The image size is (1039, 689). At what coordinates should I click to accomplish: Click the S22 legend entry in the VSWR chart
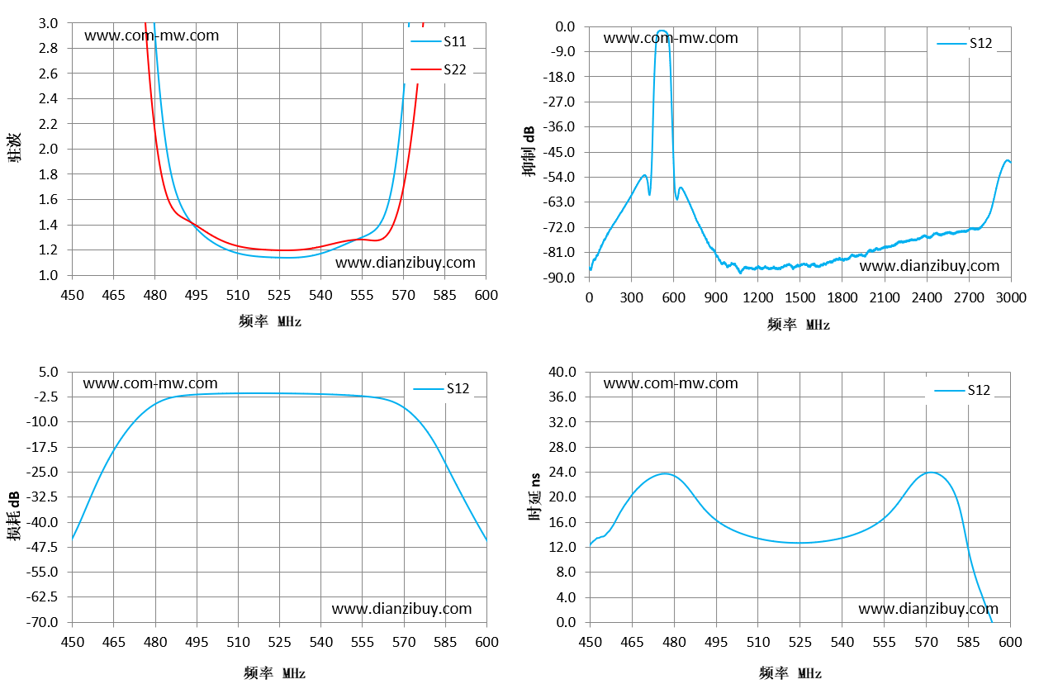tap(439, 69)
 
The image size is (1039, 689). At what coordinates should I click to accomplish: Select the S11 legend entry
tap(439, 41)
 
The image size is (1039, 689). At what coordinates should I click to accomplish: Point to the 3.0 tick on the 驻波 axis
tap(48, 23)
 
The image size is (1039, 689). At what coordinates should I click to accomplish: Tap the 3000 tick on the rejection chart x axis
tap(1011, 297)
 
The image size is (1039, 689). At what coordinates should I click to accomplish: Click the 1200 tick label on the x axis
tap(758, 297)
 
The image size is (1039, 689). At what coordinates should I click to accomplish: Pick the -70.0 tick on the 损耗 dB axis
tap(42, 622)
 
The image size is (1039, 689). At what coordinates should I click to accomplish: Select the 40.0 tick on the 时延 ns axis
tap(562, 372)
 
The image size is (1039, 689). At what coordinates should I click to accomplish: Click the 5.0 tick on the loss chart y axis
tap(48, 372)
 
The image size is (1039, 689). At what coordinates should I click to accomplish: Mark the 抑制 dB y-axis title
tap(529, 151)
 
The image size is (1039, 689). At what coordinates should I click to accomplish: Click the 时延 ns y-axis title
tap(535, 497)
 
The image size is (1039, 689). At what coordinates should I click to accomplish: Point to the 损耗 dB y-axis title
tap(14, 516)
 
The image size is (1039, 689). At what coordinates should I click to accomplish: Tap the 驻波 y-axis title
tap(14, 147)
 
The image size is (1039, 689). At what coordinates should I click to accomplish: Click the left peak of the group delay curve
tap(665, 473)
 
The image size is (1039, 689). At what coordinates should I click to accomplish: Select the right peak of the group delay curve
tap(931, 473)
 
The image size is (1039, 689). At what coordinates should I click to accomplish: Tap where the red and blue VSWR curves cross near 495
tap(193, 225)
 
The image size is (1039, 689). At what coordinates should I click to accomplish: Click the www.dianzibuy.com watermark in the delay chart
tap(928, 608)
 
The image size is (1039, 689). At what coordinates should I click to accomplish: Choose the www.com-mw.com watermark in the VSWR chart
tap(152, 36)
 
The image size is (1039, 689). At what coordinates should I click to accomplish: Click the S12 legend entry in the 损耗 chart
tap(441, 388)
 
